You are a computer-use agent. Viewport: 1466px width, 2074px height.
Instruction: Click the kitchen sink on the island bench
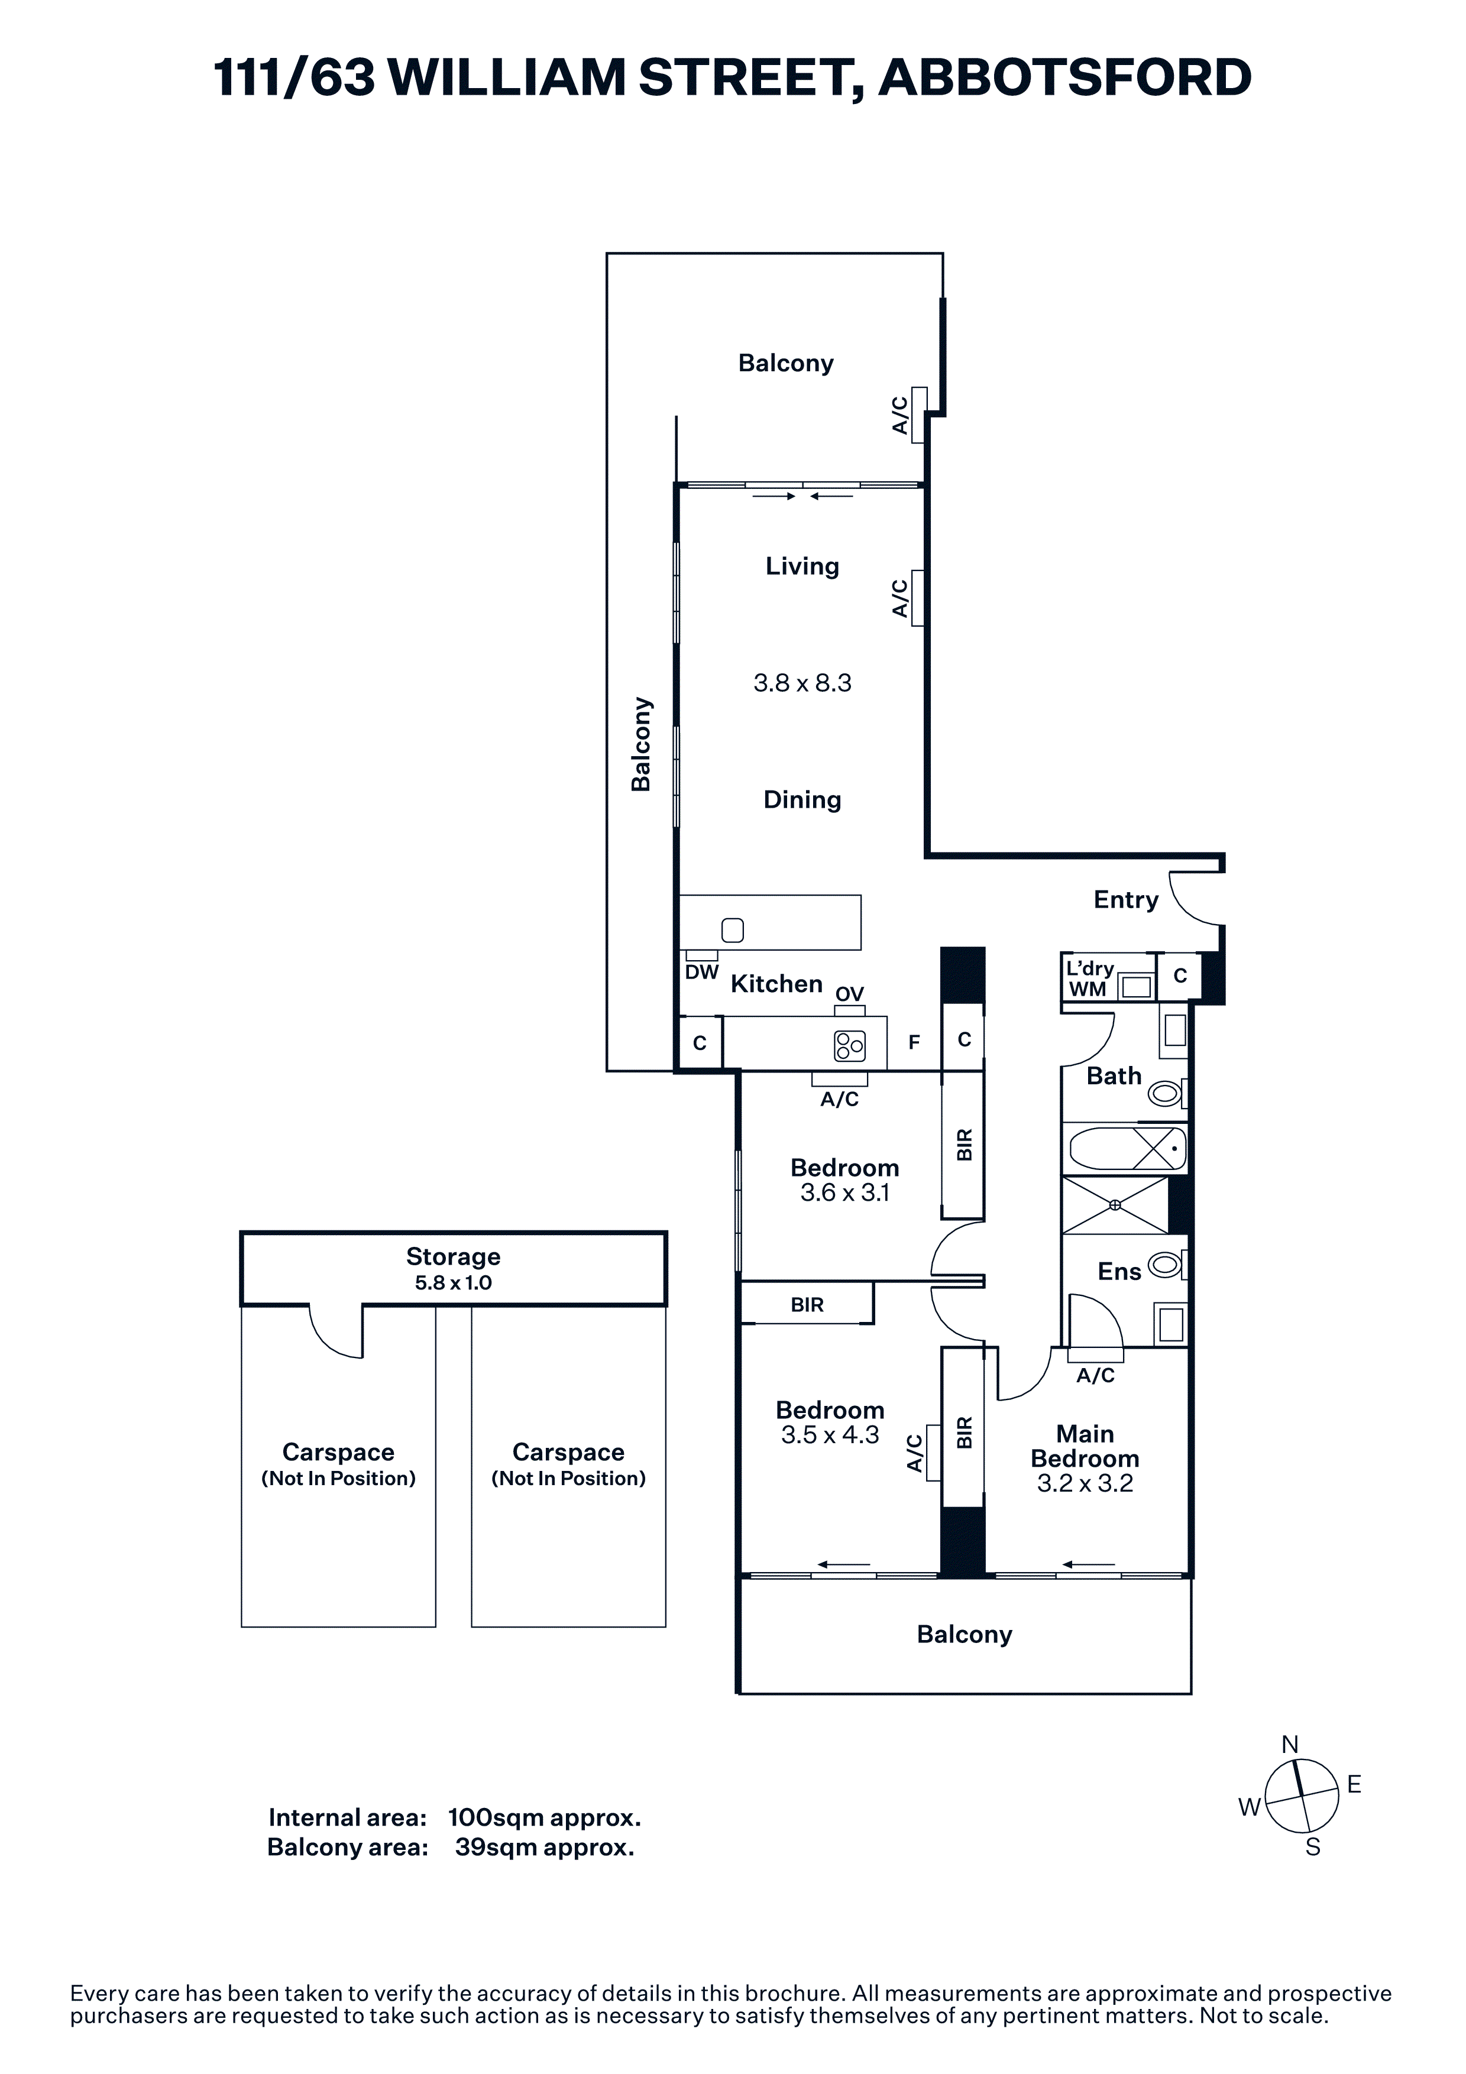point(733,929)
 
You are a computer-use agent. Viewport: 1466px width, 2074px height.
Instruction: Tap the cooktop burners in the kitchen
point(849,1046)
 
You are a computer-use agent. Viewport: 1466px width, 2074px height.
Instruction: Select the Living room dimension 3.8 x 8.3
point(802,683)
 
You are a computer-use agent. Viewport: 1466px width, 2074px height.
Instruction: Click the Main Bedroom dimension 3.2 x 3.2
point(1085,1483)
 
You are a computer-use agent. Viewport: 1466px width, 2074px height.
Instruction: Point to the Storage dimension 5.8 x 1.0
point(454,1283)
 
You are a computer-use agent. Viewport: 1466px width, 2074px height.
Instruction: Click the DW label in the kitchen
point(702,972)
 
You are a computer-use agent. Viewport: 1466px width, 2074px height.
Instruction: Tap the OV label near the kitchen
point(849,994)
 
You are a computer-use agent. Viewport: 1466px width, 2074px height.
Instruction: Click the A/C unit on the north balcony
point(918,414)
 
